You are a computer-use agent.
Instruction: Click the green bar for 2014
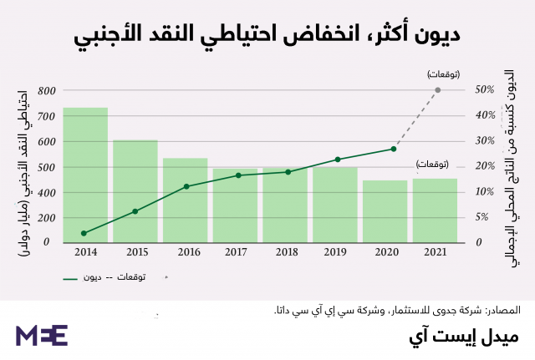pos(85,175)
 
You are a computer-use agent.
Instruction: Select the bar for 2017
pos(235,205)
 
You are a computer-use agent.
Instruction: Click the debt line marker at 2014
pos(84,233)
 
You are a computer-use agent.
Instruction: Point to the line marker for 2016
pos(186,186)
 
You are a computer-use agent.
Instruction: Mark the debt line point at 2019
pos(337,160)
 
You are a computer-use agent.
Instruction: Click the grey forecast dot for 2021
pos(438,90)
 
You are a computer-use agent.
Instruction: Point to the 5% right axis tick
pos(483,217)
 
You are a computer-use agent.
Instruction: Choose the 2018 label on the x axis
pos(286,251)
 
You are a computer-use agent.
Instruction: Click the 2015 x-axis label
pos(135,251)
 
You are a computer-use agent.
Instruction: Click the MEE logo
pos(41,335)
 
